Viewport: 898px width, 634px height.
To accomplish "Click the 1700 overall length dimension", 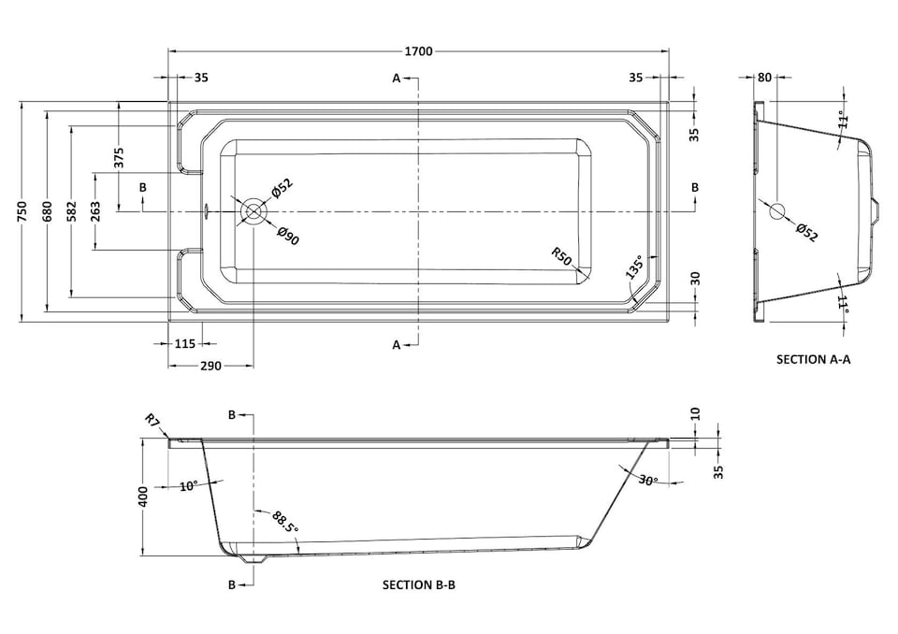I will (x=420, y=51).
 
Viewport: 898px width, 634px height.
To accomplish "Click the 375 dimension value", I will (x=119, y=157).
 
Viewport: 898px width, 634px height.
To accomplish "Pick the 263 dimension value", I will (x=94, y=211).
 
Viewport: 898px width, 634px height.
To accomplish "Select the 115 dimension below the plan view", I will (x=185, y=343).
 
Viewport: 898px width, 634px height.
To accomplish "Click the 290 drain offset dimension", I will (x=210, y=366).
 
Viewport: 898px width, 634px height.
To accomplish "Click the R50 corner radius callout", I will (x=561, y=255).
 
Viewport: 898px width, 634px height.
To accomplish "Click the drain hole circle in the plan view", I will (x=253, y=211).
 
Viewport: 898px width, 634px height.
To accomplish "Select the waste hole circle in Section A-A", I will (x=777, y=211).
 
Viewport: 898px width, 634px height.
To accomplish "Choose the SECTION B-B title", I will (x=418, y=584).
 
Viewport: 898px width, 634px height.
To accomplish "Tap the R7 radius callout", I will (x=152, y=420).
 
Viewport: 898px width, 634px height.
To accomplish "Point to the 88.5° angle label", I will (x=284, y=522).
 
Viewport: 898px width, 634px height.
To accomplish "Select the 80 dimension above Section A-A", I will (x=764, y=78).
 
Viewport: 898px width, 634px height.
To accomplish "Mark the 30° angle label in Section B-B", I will (x=648, y=480).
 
